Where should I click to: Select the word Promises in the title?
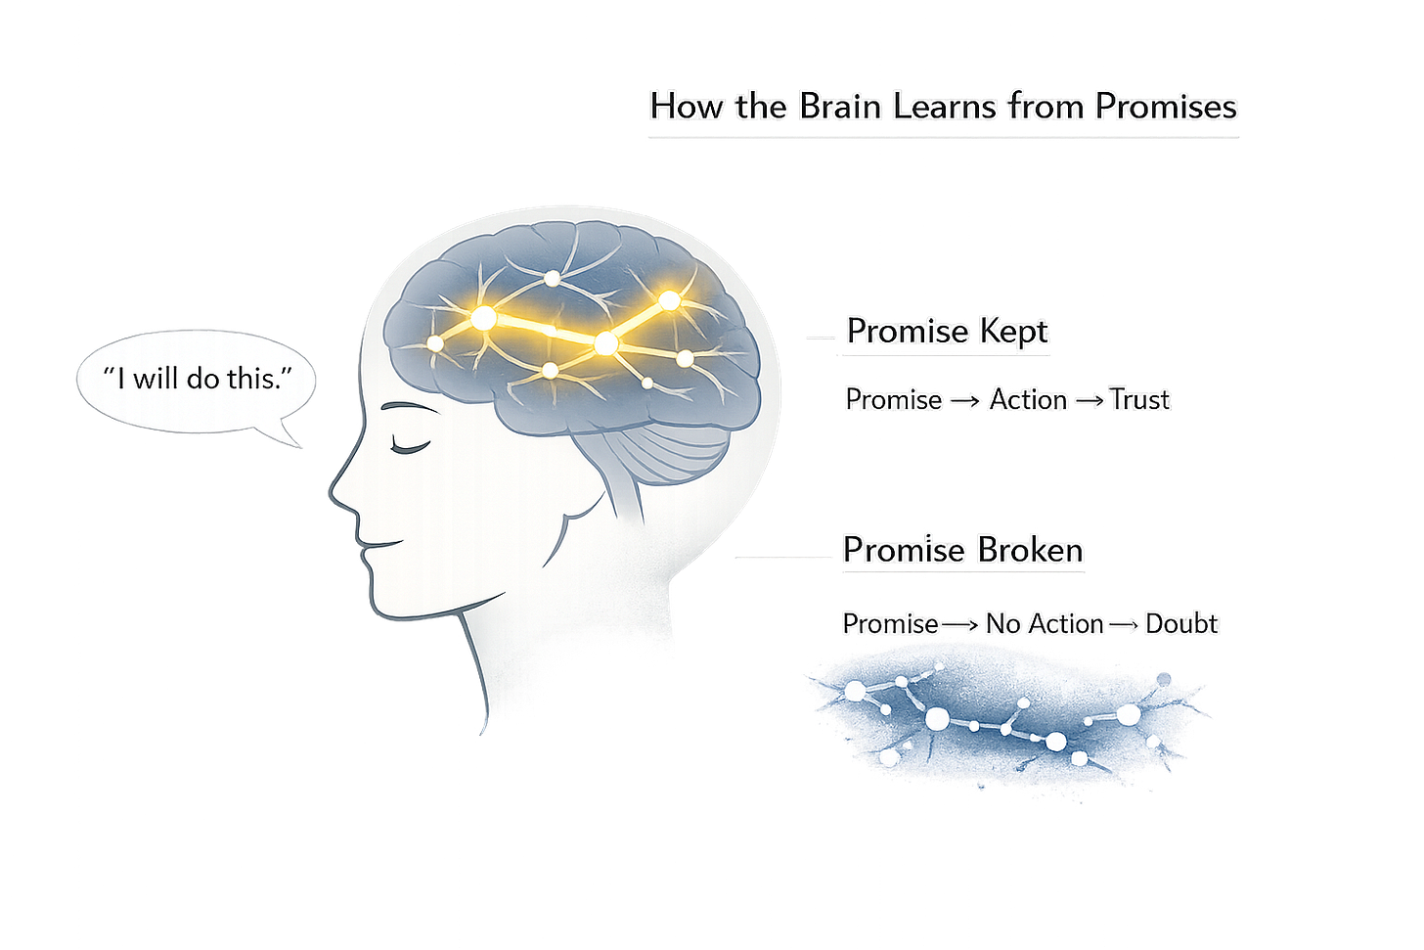click(x=1166, y=106)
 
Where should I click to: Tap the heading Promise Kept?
click(x=947, y=331)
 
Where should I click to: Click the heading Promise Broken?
click(x=962, y=550)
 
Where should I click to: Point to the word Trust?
click(x=1139, y=399)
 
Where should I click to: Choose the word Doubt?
click(x=1181, y=623)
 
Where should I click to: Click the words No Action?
click(x=1045, y=623)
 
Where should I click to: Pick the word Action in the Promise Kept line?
click(x=1028, y=399)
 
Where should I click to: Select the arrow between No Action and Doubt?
click(x=1123, y=624)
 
